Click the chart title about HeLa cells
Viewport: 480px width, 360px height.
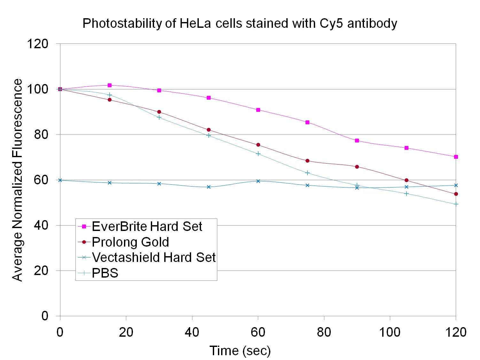[240, 24]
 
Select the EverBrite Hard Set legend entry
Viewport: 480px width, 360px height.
[147, 226]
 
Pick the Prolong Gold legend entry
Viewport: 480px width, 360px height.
[130, 242]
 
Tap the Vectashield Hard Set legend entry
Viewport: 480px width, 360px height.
[154, 257]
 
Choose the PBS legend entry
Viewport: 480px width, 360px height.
[105, 273]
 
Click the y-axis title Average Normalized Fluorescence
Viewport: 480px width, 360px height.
[17, 180]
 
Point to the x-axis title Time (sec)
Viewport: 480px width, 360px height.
[240, 351]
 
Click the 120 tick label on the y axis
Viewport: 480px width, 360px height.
[37, 44]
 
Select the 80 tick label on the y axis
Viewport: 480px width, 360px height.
[41, 134]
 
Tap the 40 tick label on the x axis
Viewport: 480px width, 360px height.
[192, 332]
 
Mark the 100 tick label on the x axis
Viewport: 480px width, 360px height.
[390, 332]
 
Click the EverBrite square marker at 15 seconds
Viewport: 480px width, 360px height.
[110, 85]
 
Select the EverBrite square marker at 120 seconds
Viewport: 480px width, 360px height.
[456, 157]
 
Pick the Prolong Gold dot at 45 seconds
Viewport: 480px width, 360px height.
[209, 130]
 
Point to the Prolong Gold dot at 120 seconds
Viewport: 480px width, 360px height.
[456, 194]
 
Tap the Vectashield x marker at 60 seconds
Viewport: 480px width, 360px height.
[258, 181]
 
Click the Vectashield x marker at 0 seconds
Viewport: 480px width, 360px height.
[60, 180]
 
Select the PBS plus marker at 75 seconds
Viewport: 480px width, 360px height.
[307, 173]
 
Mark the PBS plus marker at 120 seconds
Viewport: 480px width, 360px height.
[456, 204]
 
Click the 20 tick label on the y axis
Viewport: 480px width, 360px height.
[41, 271]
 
